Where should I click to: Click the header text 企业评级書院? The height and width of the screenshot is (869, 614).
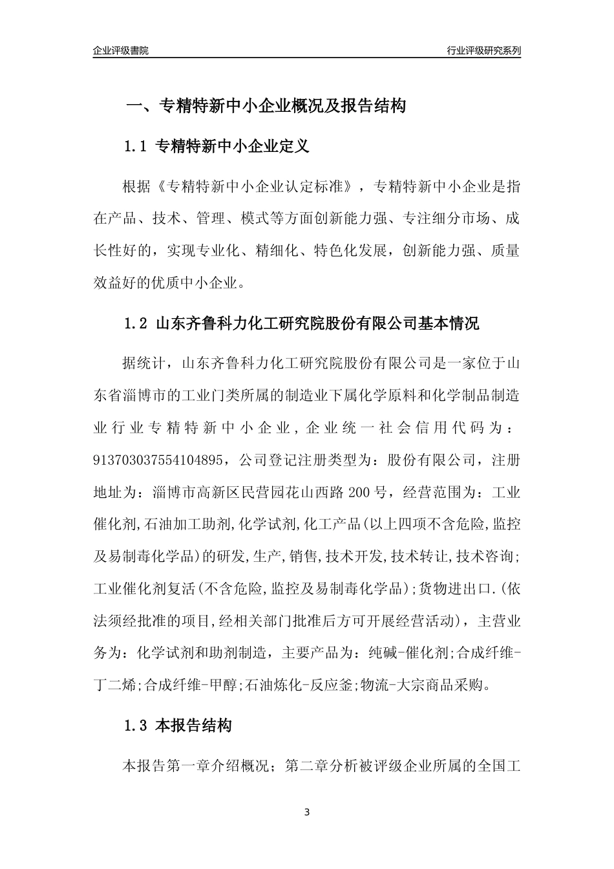pos(121,50)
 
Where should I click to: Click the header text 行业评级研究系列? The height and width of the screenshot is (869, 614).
pos(483,50)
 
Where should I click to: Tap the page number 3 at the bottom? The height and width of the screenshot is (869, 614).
pos(307,812)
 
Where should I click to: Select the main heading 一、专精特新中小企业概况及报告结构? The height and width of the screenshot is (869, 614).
pos(265,106)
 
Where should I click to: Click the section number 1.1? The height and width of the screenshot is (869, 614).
pos(136,147)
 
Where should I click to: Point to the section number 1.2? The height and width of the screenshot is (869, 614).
pos(136,324)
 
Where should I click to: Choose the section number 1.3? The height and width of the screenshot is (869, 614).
pos(136,726)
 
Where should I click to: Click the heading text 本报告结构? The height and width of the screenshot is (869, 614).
pos(194,726)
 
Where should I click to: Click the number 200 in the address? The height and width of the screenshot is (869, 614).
pos(360,493)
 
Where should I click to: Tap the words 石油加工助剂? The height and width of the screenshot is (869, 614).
pos(187,524)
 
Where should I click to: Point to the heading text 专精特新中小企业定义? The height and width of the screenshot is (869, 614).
pos(233,147)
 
